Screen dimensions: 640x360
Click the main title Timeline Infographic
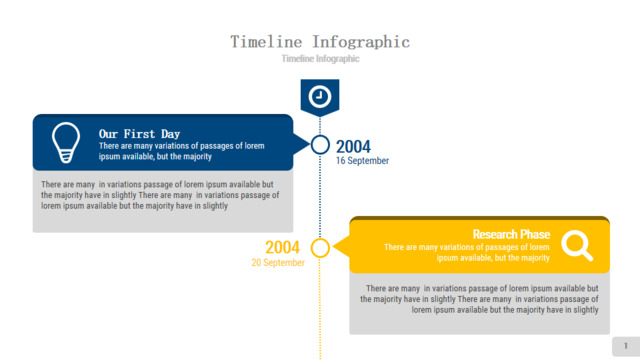(x=320, y=42)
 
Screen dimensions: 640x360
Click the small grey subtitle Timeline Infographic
(x=320, y=59)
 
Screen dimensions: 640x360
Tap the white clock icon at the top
(x=320, y=97)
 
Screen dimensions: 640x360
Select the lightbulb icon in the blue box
(x=66, y=142)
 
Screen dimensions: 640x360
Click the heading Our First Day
(x=139, y=134)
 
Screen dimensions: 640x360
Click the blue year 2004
(x=353, y=147)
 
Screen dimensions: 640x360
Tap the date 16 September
(x=362, y=161)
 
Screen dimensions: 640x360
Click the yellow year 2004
(x=282, y=247)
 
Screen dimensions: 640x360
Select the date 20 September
(x=278, y=263)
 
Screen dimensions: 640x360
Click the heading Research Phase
(x=511, y=234)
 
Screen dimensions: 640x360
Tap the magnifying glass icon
(x=577, y=245)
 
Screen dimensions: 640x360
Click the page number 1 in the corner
(x=626, y=346)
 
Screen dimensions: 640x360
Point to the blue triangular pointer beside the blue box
(x=301, y=144)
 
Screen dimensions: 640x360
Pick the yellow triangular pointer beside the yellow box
(x=341, y=247)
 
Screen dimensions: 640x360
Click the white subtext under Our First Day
(x=182, y=151)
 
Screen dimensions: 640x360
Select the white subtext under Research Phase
(x=467, y=253)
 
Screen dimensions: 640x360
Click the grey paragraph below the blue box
(x=160, y=195)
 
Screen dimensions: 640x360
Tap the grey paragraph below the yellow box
(x=479, y=299)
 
